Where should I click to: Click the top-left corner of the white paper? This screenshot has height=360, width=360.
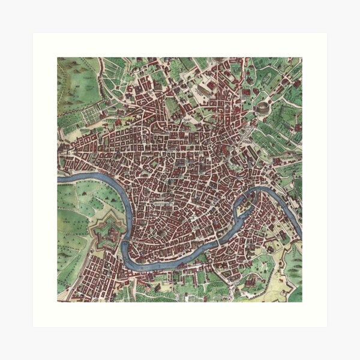coord(33,33)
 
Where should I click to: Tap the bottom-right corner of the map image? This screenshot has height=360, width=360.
coord(302,302)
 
